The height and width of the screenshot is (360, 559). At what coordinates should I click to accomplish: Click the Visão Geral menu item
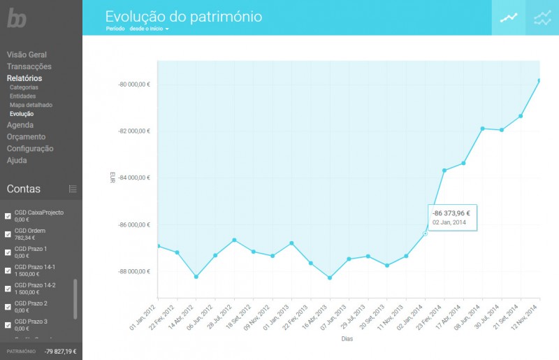(x=27, y=54)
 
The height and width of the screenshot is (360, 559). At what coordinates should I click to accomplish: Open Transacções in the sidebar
(x=29, y=66)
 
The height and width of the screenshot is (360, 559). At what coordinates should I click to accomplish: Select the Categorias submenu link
(x=24, y=87)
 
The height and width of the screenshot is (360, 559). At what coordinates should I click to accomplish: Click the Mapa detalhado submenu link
(x=31, y=105)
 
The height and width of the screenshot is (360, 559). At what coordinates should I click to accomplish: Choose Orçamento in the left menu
(x=26, y=136)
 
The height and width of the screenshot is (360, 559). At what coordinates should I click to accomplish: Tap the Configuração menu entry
(x=30, y=148)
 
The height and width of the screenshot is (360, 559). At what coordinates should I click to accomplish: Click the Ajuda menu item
(x=17, y=160)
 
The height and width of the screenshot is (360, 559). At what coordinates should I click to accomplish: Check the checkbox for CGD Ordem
(x=8, y=234)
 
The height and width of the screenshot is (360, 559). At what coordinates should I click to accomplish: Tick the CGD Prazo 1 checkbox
(x=8, y=252)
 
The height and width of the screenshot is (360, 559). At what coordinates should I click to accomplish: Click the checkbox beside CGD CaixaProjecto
(x=8, y=216)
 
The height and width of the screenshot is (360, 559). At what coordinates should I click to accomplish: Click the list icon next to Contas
(x=73, y=189)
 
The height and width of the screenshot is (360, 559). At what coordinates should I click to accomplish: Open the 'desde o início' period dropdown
(x=150, y=29)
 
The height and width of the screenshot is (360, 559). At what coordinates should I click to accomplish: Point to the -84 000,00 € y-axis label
(x=135, y=178)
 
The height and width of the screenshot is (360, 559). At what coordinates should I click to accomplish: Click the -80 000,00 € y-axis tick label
(x=135, y=85)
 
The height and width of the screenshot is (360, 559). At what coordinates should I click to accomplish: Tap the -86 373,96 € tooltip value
(x=451, y=213)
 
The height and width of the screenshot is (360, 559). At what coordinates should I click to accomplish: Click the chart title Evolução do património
(x=184, y=16)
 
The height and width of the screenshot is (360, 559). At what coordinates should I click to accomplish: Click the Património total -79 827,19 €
(x=61, y=352)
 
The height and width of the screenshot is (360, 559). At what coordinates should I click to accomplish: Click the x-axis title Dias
(x=347, y=339)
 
